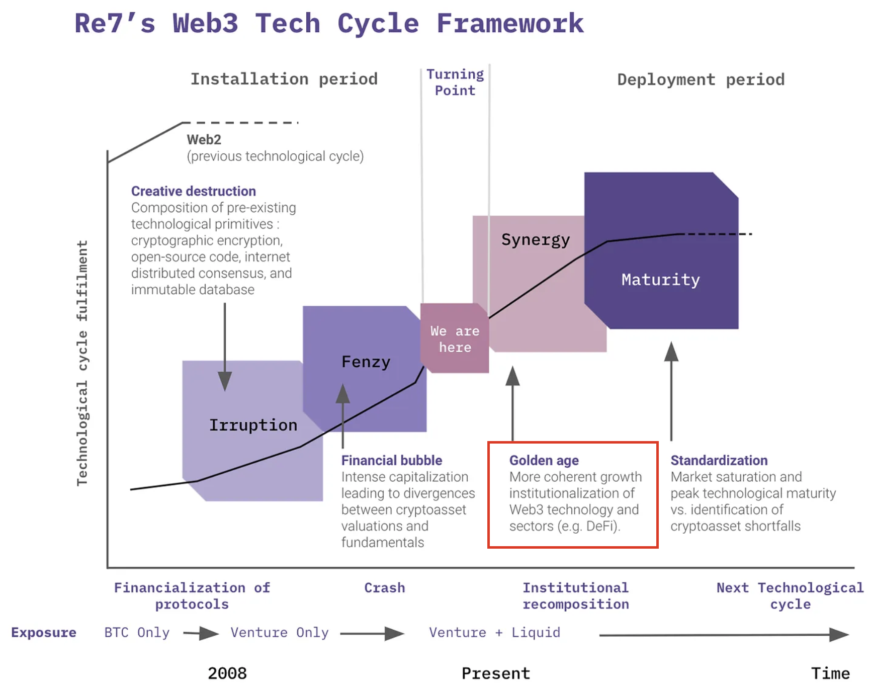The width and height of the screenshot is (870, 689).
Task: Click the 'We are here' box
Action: [455, 339]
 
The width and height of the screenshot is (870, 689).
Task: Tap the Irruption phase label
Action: [253, 425]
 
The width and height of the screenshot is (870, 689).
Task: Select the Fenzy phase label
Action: [366, 362]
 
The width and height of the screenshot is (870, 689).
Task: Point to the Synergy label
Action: [536, 239]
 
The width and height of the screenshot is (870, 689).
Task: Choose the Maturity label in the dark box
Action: [660, 280]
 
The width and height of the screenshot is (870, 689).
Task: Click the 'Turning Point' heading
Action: [455, 82]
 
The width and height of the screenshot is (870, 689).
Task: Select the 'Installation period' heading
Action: [284, 79]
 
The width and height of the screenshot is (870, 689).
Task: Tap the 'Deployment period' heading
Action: [701, 79]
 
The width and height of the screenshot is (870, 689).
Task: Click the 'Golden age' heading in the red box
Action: [544, 460]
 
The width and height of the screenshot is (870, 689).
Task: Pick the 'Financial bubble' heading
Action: [391, 460]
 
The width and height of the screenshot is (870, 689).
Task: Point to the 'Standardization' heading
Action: [719, 460]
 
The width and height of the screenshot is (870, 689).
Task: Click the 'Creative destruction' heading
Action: [193, 191]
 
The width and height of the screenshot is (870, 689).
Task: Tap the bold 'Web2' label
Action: [204, 139]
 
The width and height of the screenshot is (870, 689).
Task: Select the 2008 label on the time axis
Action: [227, 673]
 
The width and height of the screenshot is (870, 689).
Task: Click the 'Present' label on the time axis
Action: [496, 673]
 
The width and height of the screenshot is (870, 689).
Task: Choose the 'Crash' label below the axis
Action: [384, 587]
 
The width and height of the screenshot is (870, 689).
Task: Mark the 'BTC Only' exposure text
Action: [137, 632]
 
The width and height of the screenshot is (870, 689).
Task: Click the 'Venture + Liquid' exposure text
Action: [494, 632]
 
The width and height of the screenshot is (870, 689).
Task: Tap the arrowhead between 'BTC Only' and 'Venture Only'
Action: [209, 633]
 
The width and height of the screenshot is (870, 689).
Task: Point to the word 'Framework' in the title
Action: [510, 24]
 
